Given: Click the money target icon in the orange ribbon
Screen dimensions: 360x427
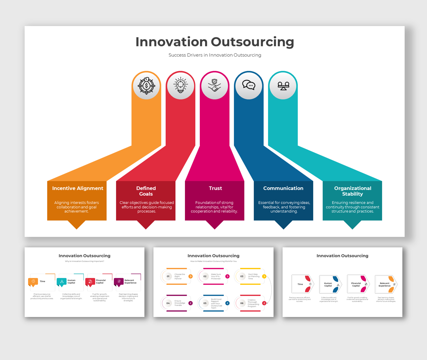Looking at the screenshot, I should pyautogui.click(x=146, y=85).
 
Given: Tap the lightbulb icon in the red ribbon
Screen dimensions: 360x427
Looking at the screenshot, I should pyautogui.click(x=181, y=85).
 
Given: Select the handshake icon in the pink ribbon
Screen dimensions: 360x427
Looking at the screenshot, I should pyautogui.click(x=215, y=85).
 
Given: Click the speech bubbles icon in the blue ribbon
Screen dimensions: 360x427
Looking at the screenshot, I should pyautogui.click(x=249, y=85).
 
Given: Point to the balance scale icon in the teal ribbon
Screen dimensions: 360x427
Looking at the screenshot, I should pyautogui.click(x=283, y=85).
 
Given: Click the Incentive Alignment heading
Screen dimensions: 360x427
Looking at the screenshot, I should pyautogui.click(x=78, y=188).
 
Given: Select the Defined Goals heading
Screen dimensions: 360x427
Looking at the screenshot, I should pyautogui.click(x=146, y=191).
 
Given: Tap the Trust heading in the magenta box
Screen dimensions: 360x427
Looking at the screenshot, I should pyautogui.click(x=215, y=188).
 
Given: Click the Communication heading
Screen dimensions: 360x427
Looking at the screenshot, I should pyautogui.click(x=283, y=188).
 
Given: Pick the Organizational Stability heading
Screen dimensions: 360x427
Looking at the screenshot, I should pyautogui.click(x=353, y=191).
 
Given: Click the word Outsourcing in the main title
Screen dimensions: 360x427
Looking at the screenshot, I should pyautogui.click(x=253, y=42).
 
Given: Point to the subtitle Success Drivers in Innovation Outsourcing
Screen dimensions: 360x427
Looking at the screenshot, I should pyautogui.click(x=215, y=55).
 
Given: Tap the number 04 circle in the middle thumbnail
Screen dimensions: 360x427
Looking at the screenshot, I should pyautogui.click(x=168, y=303).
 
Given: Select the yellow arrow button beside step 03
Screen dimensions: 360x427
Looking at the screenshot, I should pyautogui.click(x=264, y=276).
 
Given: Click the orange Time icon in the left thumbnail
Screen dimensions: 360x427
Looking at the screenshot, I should pyautogui.click(x=33, y=281).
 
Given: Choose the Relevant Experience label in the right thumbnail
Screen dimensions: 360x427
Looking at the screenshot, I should pyautogui.click(x=384, y=284).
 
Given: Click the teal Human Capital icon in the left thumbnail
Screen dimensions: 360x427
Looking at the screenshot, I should pyautogui.click(x=62, y=282).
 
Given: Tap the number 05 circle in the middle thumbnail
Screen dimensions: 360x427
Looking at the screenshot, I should pyautogui.click(x=205, y=303).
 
